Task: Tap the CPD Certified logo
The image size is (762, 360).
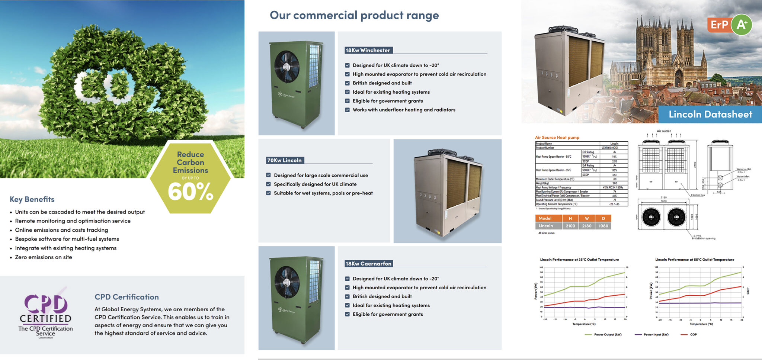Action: click(45, 314)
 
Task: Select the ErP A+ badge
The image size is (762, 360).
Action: click(729, 25)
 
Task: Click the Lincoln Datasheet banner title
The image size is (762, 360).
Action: click(710, 115)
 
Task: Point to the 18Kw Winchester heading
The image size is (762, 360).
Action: click(368, 50)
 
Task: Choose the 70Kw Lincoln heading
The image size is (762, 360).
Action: click(285, 160)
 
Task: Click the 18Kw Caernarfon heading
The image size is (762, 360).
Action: click(368, 264)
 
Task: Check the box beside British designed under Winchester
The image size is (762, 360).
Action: click(348, 83)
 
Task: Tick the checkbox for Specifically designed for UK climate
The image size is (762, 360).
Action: click(269, 184)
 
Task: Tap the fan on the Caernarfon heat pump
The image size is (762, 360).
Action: click(286, 282)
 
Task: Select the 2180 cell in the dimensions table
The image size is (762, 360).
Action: click(587, 226)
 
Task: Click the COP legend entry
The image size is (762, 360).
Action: click(693, 335)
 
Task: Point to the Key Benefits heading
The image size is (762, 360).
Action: click(32, 199)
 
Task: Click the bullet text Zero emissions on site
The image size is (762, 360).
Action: click(44, 257)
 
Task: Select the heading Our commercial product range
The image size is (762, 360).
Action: click(354, 15)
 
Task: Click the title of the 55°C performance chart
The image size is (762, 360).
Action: click(694, 260)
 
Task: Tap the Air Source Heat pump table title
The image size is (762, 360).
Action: click(557, 138)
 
